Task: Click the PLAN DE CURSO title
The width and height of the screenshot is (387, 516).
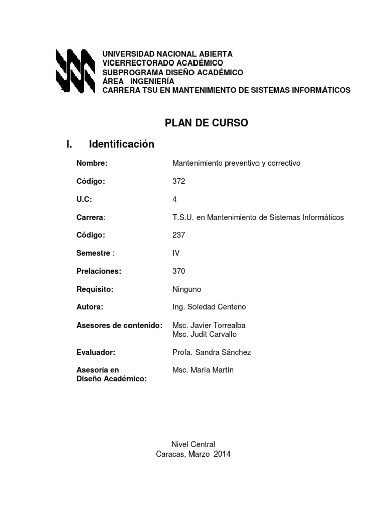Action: tap(207, 123)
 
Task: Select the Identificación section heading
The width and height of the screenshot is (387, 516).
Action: tap(121, 145)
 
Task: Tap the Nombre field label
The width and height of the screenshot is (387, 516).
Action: tap(92, 163)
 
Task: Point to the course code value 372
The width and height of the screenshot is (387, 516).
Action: tap(179, 181)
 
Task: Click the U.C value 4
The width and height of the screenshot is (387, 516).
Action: tap(175, 199)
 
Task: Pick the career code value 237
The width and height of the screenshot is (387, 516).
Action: tap(179, 235)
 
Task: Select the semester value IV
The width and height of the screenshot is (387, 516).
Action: tap(176, 253)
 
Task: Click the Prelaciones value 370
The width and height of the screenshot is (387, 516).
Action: tap(179, 271)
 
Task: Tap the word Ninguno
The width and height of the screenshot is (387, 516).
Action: tap(186, 289)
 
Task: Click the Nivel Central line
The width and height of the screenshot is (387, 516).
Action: tap(193, 444)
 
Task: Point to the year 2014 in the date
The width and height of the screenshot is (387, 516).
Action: tap(222, 454)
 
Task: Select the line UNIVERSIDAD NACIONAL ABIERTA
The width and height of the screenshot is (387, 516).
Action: tap(168, 54)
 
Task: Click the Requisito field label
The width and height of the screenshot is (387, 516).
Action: tap(95, 289)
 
